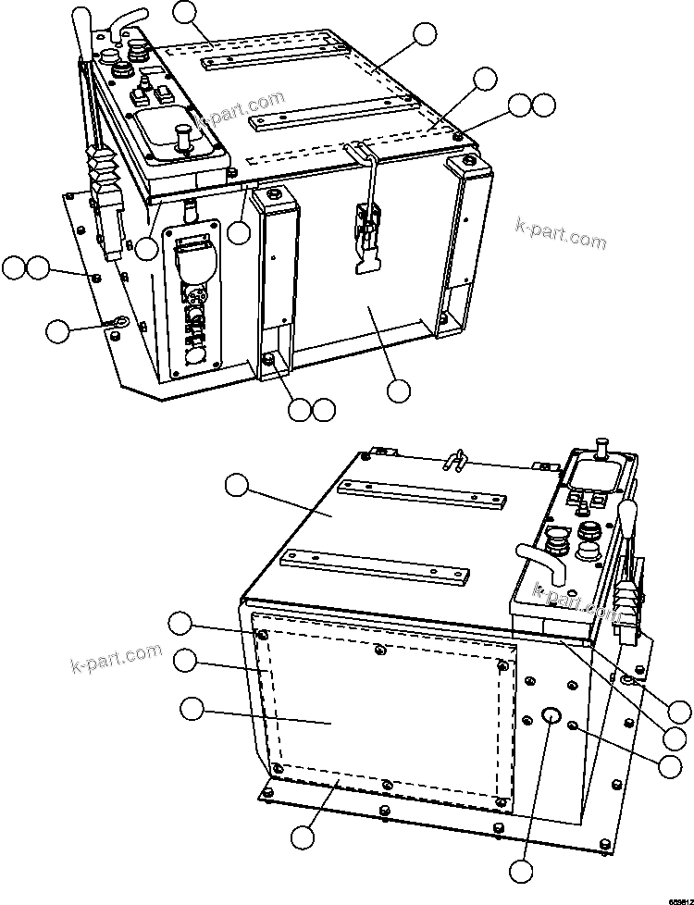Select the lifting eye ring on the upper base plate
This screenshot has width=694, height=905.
pos(118,322)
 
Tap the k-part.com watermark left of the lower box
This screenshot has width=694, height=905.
pos(116,656)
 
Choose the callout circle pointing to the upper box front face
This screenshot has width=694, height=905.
pos(399,391)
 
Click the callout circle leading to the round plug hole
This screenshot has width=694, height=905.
pos(522,870)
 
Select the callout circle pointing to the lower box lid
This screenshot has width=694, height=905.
pos(238,484)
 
